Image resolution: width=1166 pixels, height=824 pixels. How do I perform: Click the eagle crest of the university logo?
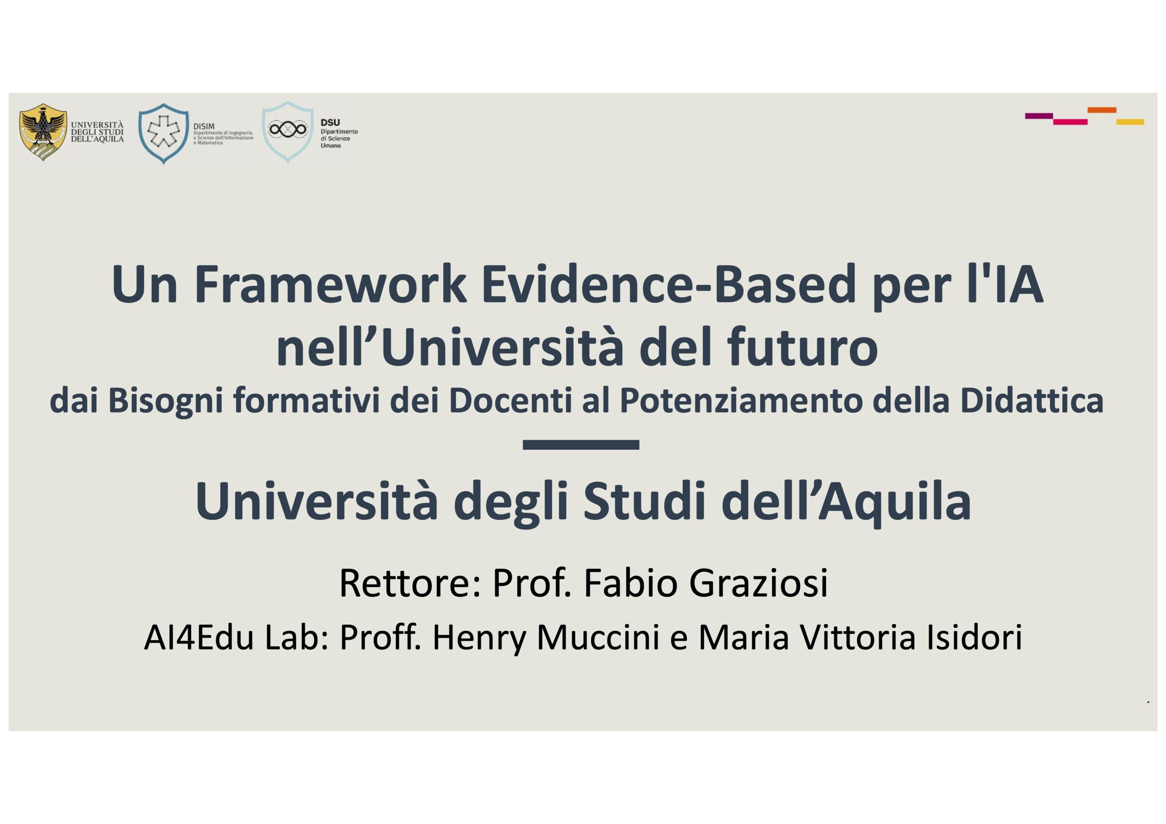click(x=43, y=132)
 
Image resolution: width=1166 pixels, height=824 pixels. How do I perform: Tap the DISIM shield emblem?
click(x=164, y=133)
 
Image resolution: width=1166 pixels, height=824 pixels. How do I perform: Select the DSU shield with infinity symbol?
click(x=287, y=132)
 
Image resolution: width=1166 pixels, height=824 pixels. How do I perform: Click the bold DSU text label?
click(x=330, y=122)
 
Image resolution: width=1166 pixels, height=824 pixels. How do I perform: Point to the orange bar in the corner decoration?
click(x=1101, y=110)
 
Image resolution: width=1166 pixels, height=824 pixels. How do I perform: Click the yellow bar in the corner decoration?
click(x=1130, y=122)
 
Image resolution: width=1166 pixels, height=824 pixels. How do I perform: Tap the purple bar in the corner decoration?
click(x=1039, y=116)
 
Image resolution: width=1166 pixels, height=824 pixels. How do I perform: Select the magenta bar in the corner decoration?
click(x=1070, y=122)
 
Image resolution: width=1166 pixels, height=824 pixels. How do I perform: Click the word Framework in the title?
click(x=331, y=285)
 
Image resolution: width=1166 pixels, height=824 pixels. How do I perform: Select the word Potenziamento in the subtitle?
click(x=741, y=401)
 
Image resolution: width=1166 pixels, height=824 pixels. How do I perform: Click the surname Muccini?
click(x=598, y=638)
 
